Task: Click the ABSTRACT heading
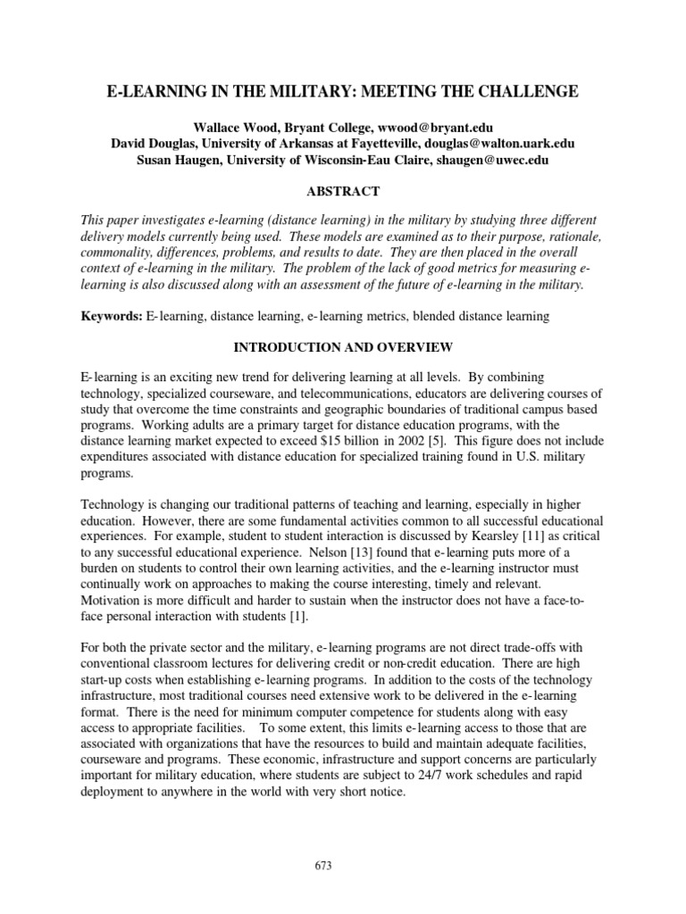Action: coord(343,191)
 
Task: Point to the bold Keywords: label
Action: coord(111,316)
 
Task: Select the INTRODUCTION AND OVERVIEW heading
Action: coord(343,347)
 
